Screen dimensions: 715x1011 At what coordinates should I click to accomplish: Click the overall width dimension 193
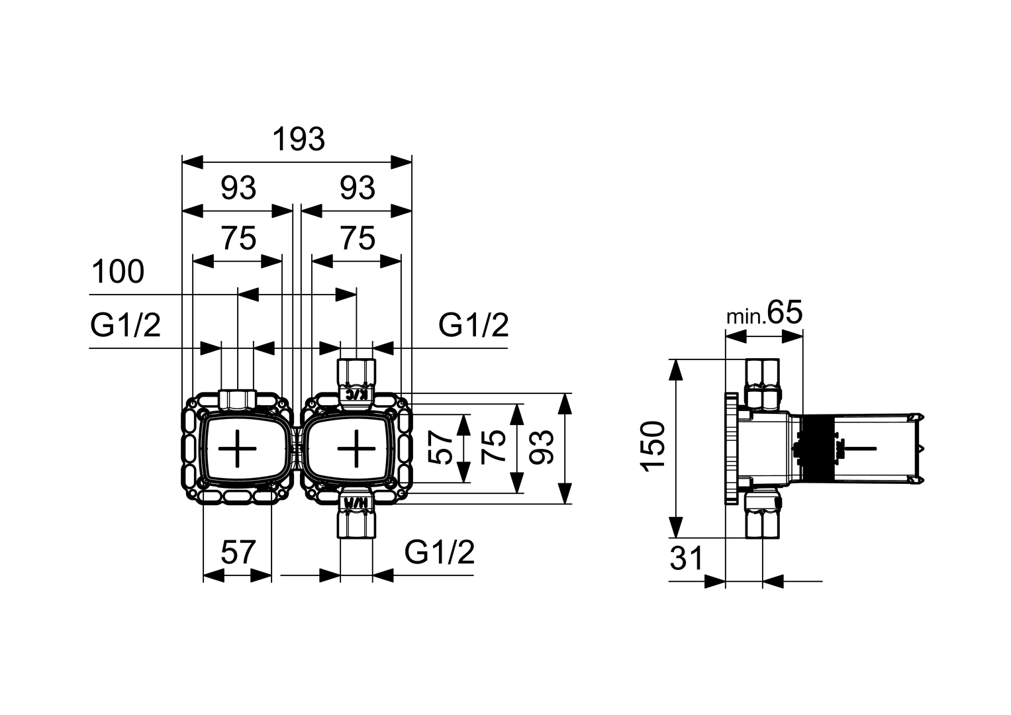click(x=299, y=140)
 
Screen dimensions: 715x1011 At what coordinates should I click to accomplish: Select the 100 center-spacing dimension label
click(x=118, y=272)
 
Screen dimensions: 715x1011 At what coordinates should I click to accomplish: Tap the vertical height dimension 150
click(x=654, y=446)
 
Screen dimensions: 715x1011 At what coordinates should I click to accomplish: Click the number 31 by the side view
click(x=686, y=559)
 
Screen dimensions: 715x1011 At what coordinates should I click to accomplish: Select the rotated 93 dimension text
click(x=543, y=448)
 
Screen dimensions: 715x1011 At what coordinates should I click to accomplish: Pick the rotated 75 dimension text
click(x=493, y=448)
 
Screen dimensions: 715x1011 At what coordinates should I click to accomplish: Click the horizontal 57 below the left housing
click(x=238, y=552)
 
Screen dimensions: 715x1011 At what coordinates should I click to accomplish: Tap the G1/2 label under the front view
click(x=440, y=552)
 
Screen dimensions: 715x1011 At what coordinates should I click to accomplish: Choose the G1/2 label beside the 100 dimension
click(x=125, y=326)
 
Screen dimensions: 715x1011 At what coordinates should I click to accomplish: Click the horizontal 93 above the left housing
click(x=238, y=189)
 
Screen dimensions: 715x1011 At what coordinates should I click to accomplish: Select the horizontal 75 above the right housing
click(x=358, y=238)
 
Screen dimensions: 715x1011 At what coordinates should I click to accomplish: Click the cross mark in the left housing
click(x=237, y=448)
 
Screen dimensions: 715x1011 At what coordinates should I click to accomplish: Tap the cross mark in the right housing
click(x=356, y=448)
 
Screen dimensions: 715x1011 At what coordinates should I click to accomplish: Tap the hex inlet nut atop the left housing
click(x=237, y=399)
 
